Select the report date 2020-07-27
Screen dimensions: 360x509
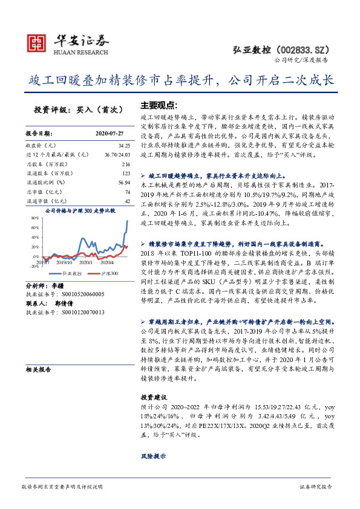pos(109,133)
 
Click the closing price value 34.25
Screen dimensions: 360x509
pos(125,146)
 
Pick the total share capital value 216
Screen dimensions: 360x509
pos(126,164)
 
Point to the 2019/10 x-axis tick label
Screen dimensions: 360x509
pos(64,262)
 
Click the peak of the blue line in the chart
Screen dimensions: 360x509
pos(127,221)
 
